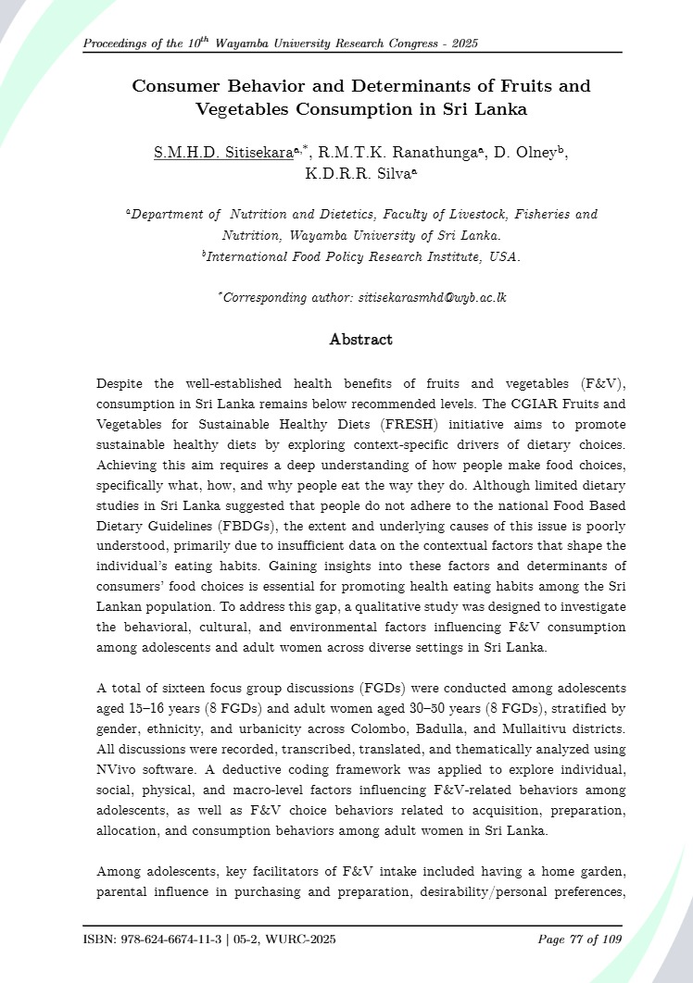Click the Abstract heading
point(360,340)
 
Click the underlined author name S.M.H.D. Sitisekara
point(210,153)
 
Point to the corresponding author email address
point(420,298)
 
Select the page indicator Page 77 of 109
point(579,940)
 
